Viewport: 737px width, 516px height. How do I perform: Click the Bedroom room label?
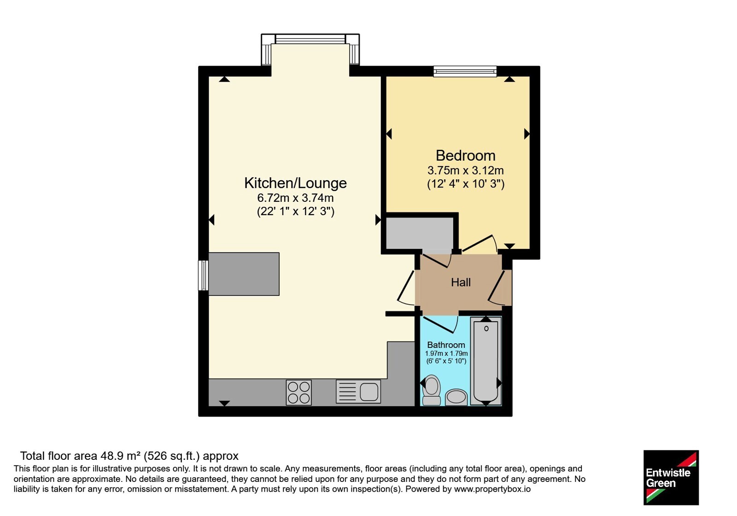coord(465,156)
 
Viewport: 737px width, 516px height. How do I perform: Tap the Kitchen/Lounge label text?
coord(295,183)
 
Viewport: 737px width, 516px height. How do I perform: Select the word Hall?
coord(461,282)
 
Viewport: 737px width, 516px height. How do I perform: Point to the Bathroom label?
coord(446,345)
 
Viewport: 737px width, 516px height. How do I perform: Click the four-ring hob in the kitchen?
coord(299,392)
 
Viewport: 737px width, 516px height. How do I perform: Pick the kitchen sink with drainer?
coord(358,392)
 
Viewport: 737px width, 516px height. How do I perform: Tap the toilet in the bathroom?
coord(431,390)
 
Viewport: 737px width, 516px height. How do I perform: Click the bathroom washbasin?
coord(456,398)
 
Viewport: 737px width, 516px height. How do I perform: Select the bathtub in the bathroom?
coord(486,361)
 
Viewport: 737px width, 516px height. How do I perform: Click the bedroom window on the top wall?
coord(465,71)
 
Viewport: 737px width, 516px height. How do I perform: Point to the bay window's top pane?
coord(310,39)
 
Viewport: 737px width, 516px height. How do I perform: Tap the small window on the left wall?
coord(204,276)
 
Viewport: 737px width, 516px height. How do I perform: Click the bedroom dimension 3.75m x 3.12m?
coord(466,170)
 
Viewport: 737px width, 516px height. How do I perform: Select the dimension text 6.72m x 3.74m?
coord(295,198)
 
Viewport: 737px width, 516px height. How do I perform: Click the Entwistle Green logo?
coord(671,477)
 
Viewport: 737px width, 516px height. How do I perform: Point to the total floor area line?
coord(129,456)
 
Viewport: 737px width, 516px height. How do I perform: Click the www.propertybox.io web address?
coord(492,489)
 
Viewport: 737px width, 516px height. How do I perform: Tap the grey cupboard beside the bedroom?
coord(420,233)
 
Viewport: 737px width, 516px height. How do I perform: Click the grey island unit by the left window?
coord(244,274)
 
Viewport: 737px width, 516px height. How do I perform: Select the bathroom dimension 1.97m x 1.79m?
coord(446,354)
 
